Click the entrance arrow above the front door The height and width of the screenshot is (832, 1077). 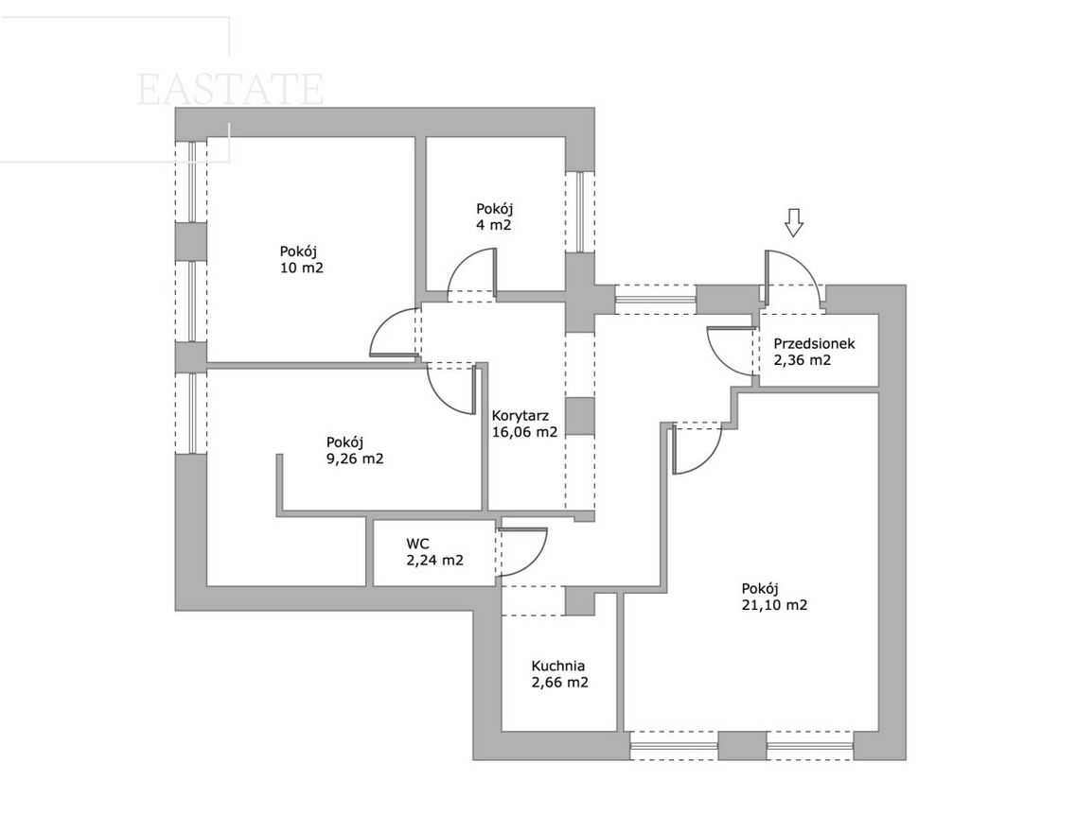click(794, 223)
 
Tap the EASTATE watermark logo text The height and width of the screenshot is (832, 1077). click(230, 90)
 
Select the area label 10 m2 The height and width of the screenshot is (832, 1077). click(301, 268)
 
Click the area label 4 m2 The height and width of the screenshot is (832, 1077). click(494, 225)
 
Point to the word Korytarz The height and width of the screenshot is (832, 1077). click(520, 416)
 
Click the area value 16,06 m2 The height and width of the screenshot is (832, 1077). click(524, 432)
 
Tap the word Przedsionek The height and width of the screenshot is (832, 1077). click(814, 343)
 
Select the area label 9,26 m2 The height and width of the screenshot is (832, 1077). click(354, 459)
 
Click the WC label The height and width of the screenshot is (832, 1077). click(417, 544)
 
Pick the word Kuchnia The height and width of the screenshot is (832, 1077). click(557, 666)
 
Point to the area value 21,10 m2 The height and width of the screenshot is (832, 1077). click(774, 605)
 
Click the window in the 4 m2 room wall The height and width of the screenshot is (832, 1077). click(580, 212)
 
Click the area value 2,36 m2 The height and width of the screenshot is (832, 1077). click(803, 360)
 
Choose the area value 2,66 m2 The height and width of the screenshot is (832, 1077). click(559, 683)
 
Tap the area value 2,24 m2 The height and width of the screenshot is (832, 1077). click(434, 561)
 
